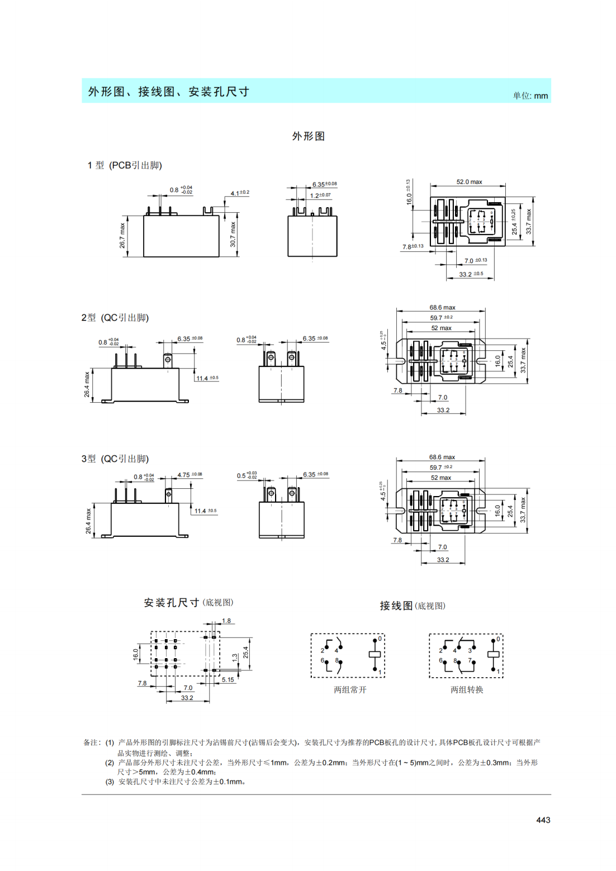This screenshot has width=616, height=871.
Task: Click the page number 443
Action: (543, 820)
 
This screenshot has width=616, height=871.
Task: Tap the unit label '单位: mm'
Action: (530, 96)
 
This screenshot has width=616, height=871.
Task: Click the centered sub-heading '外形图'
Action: (308, 136)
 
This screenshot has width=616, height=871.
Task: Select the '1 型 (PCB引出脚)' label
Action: (125, 165)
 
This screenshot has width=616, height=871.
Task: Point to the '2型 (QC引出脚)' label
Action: (115, 317)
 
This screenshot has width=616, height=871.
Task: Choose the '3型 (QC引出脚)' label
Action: (115, 459)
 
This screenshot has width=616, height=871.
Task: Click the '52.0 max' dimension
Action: (469, 182)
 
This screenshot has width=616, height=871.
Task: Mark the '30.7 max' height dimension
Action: (233, 235)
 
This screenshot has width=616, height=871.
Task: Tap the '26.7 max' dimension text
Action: (122, 236)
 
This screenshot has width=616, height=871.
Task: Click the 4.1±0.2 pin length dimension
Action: (240, 193)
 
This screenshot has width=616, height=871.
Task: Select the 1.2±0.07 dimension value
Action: (320, 196)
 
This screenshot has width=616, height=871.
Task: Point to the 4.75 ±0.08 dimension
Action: (189, 475)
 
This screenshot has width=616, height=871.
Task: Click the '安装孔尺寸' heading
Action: (172, 603)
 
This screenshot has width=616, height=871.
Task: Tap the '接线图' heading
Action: (396, 606)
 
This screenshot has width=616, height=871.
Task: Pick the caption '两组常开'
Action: (350, 689)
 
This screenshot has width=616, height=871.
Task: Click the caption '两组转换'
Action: (467, 689)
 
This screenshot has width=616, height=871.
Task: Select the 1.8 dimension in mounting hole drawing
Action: (226, 621)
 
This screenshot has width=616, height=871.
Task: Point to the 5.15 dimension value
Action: (228, 679)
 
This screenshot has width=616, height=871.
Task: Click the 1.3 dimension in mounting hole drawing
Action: (235, 657)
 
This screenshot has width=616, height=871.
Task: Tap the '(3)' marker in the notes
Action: (110, 781)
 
